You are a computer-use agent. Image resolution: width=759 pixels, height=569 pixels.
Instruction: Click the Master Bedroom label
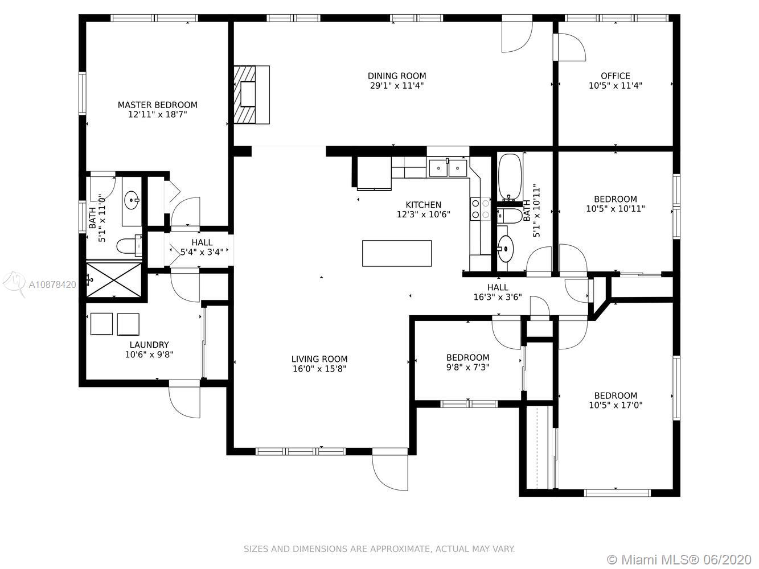(158, 105)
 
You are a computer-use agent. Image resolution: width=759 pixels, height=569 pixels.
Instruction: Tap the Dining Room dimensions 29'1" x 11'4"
(397, 85)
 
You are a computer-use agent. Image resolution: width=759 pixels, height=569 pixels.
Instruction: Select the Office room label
(615, 76)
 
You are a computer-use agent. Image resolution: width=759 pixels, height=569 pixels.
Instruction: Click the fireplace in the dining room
(252, 94)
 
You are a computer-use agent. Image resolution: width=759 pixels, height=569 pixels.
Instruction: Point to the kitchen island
(397, 253)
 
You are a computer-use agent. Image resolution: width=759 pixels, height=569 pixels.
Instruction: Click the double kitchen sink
(448, 168)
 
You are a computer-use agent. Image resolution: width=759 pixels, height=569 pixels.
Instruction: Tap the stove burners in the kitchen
(481, 209)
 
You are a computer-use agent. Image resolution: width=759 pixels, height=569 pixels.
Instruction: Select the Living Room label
(319, 359)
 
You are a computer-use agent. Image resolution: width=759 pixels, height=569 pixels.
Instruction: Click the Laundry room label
(149, 344)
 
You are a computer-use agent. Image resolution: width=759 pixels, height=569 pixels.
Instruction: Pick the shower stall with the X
(114, 279)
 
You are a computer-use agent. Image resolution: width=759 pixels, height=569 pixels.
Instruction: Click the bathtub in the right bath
(510, 177)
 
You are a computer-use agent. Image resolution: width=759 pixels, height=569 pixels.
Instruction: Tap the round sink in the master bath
(132, 200)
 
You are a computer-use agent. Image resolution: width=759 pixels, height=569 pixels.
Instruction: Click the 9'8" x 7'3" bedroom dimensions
(468, 367)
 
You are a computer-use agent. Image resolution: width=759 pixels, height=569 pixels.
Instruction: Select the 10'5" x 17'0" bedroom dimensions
(616, 405)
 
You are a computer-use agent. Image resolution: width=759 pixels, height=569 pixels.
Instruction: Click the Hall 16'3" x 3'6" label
(498, 292)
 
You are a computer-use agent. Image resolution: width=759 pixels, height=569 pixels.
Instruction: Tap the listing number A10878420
(52, 284)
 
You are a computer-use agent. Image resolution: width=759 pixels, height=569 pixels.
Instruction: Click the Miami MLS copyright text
(679, 559)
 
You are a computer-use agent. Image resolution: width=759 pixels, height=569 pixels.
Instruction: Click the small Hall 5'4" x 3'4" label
(202, 247)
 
